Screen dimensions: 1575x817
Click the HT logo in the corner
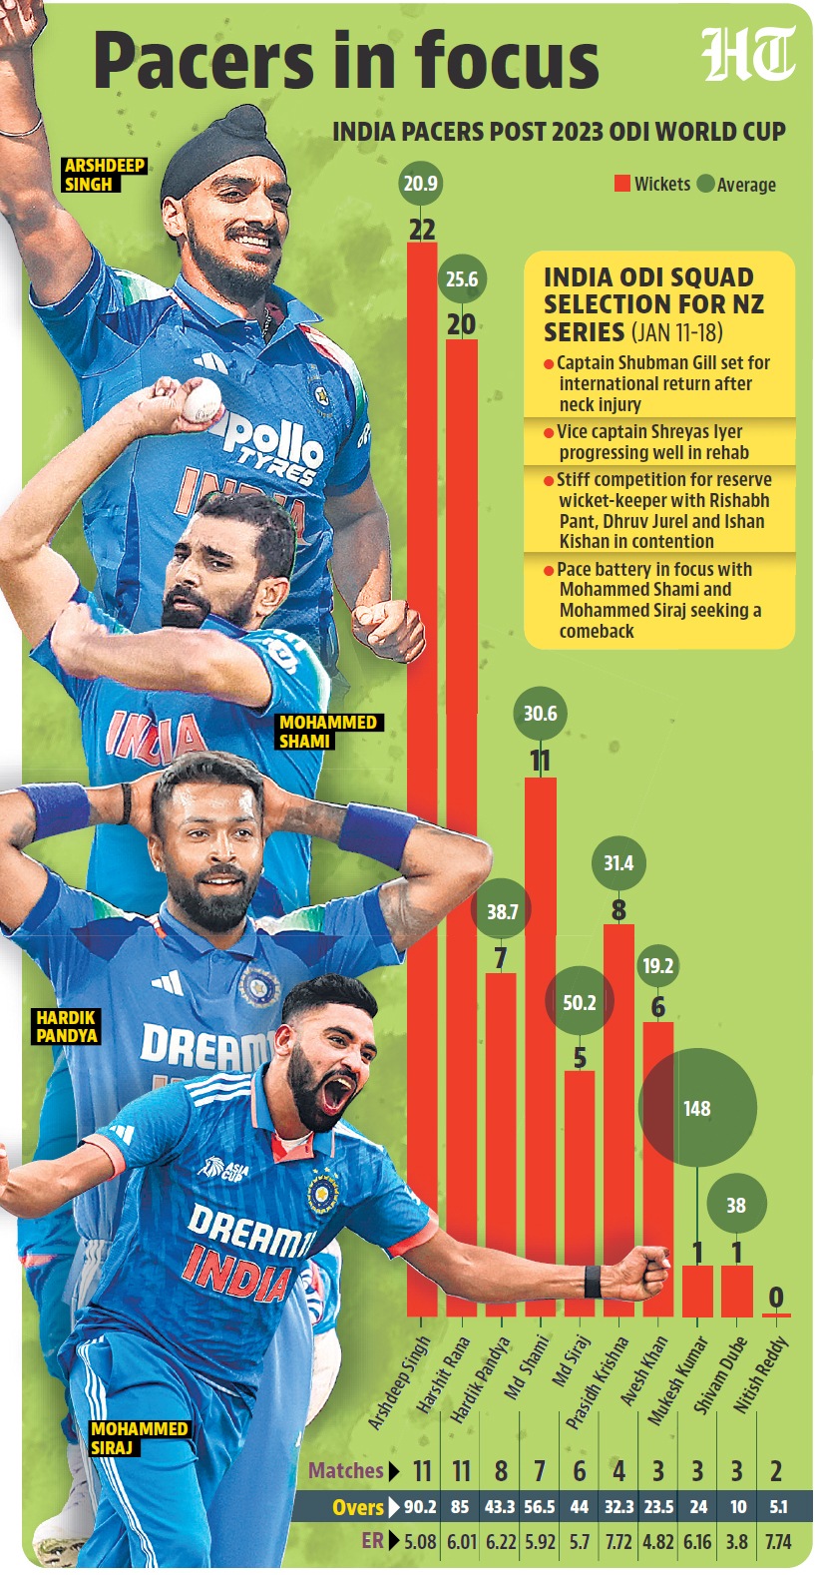[x=748, y=56]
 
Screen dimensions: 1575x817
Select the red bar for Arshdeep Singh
[x=422, y=779]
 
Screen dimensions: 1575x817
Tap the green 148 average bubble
[x=697, y=1108]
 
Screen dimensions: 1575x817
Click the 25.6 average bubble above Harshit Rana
[x=462, y=279]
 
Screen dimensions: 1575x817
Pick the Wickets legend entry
[x=652, y=184]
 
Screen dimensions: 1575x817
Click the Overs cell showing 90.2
[x=420, y=1507]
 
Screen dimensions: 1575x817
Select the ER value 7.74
[x=777, y=1541]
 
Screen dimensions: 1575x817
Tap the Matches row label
[x=347, y=1470]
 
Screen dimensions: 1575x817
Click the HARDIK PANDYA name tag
[x=67, y=1026]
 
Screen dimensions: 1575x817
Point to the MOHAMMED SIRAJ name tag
[x=139, y=1437]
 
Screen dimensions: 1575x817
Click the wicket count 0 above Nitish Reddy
[x=776, y=1298]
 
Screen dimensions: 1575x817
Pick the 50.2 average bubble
[x=579, y=1002]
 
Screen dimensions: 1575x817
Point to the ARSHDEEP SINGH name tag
[x=104, y=175]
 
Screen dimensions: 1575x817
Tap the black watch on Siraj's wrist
[x=593, y=1281]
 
